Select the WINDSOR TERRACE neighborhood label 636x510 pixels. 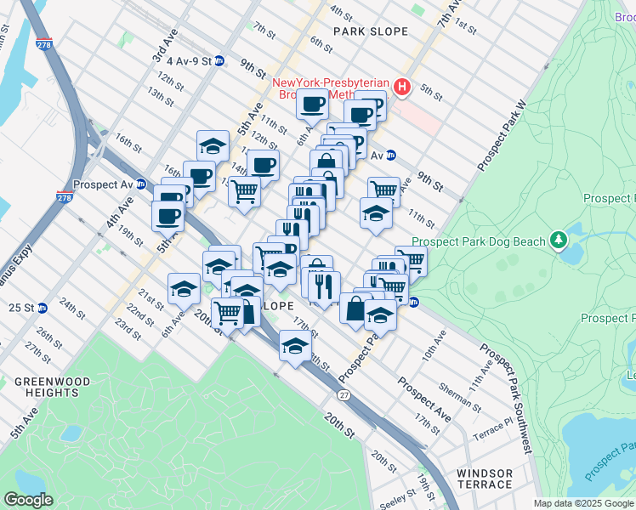click(484, 479)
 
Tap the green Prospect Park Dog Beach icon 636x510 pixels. click(559, 241)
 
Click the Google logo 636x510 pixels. click(28, 500)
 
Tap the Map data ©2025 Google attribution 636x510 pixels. click(582, 503)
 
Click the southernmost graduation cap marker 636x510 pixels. click(294, 345)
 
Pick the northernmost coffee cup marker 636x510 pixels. click(312, 105)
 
